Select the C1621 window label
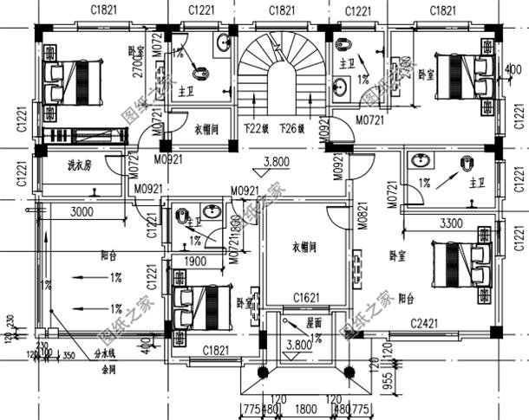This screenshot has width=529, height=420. point(306,299)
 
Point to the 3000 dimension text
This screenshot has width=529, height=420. point(82,212)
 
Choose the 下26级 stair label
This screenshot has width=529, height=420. point(292,130)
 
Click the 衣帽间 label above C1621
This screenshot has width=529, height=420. point(304,246)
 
